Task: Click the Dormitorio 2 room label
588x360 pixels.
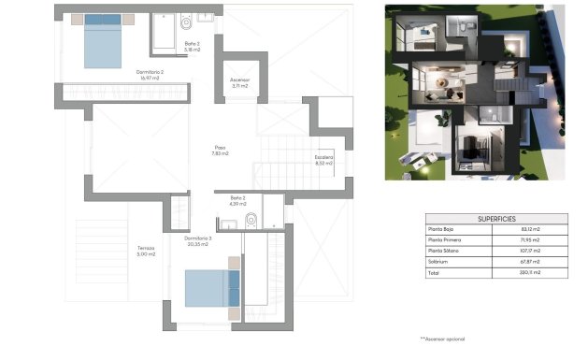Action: click(124, 76)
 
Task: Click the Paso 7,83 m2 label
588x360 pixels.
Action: click(221, 150)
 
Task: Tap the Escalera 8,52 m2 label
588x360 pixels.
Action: click(323, 159)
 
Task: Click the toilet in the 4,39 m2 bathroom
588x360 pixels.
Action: click(250, 221)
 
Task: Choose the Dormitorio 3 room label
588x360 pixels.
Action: click(199, 241)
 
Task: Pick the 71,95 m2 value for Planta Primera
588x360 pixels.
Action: click(530, 240)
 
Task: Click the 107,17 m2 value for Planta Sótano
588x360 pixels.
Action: click(530, 252)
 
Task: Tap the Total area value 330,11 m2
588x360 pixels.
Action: click(530, 274)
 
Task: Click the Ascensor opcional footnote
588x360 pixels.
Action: click(442, 338)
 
